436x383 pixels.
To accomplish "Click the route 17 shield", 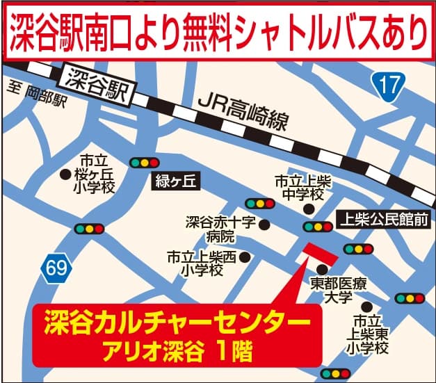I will point(389,86).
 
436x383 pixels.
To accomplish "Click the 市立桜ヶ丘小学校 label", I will point(97,174).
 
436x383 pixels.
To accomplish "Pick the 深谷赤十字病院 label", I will point(220,230).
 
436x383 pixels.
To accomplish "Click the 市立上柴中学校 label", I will point(303,187).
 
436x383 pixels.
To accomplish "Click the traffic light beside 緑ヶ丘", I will point(145,163).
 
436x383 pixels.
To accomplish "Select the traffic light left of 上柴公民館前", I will point(318,226).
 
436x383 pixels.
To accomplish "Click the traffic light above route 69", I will point(90,228).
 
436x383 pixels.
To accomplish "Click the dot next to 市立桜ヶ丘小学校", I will point(65,174).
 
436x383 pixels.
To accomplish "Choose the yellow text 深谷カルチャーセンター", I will point(177,323).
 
